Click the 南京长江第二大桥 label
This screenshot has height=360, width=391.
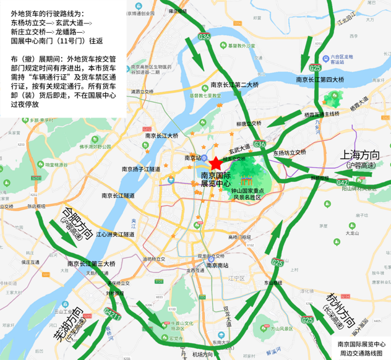234,85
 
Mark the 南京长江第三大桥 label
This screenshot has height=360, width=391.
91,264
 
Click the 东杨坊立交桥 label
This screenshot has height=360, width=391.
288,152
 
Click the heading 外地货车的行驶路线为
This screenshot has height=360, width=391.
49,13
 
